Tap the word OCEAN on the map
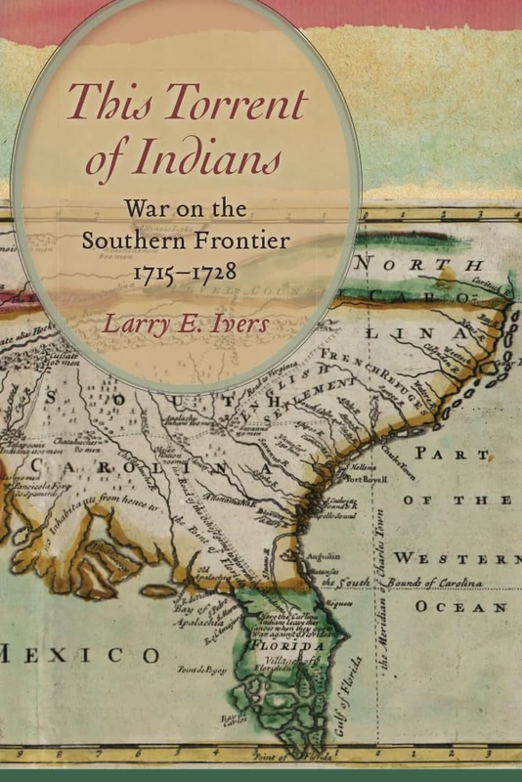click(462, 606)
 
